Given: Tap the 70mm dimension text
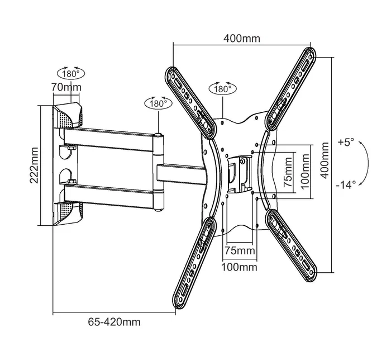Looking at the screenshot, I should tap(66, 87).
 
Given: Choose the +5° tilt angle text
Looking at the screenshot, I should tap(346, 143).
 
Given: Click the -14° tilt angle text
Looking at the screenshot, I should tap(346, 186).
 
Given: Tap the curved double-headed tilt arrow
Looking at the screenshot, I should tap(364, 163).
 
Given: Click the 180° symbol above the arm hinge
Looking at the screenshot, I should tap(158, 103).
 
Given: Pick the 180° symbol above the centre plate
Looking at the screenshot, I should tap(221, 89).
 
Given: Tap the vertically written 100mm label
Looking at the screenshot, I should tap(305, 172).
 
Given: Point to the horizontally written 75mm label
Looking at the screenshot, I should tap(239, 250).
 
